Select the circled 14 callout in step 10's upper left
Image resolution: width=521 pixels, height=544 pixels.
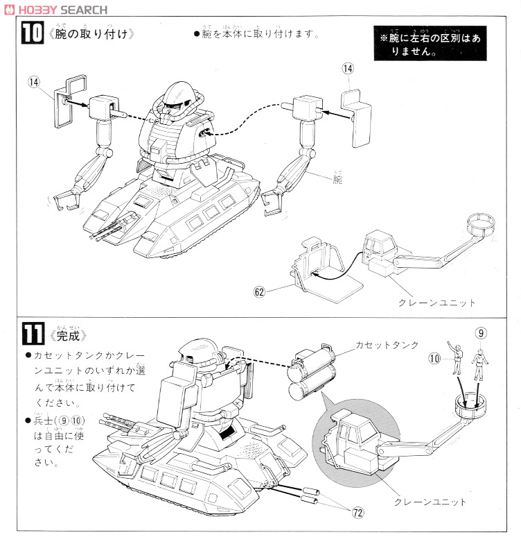[33, 81]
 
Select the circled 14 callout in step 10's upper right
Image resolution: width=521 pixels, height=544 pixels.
[348, 68]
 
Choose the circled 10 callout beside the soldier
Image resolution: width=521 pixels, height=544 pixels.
[434, 359]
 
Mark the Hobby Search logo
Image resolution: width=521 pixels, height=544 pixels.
[55, 9]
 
